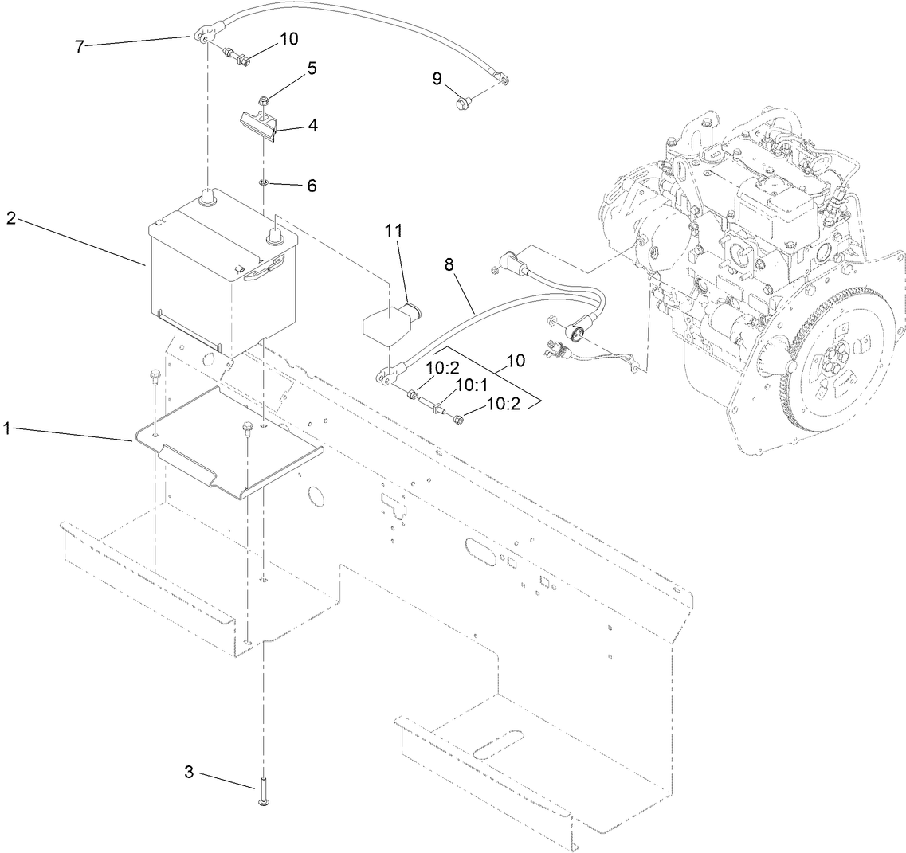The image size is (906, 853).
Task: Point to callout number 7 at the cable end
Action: tap(80, 45)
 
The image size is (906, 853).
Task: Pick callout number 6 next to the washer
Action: tap(311, 186)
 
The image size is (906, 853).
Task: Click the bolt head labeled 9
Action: tap(461, 101)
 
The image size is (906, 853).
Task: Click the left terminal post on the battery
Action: tap(208, 196)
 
